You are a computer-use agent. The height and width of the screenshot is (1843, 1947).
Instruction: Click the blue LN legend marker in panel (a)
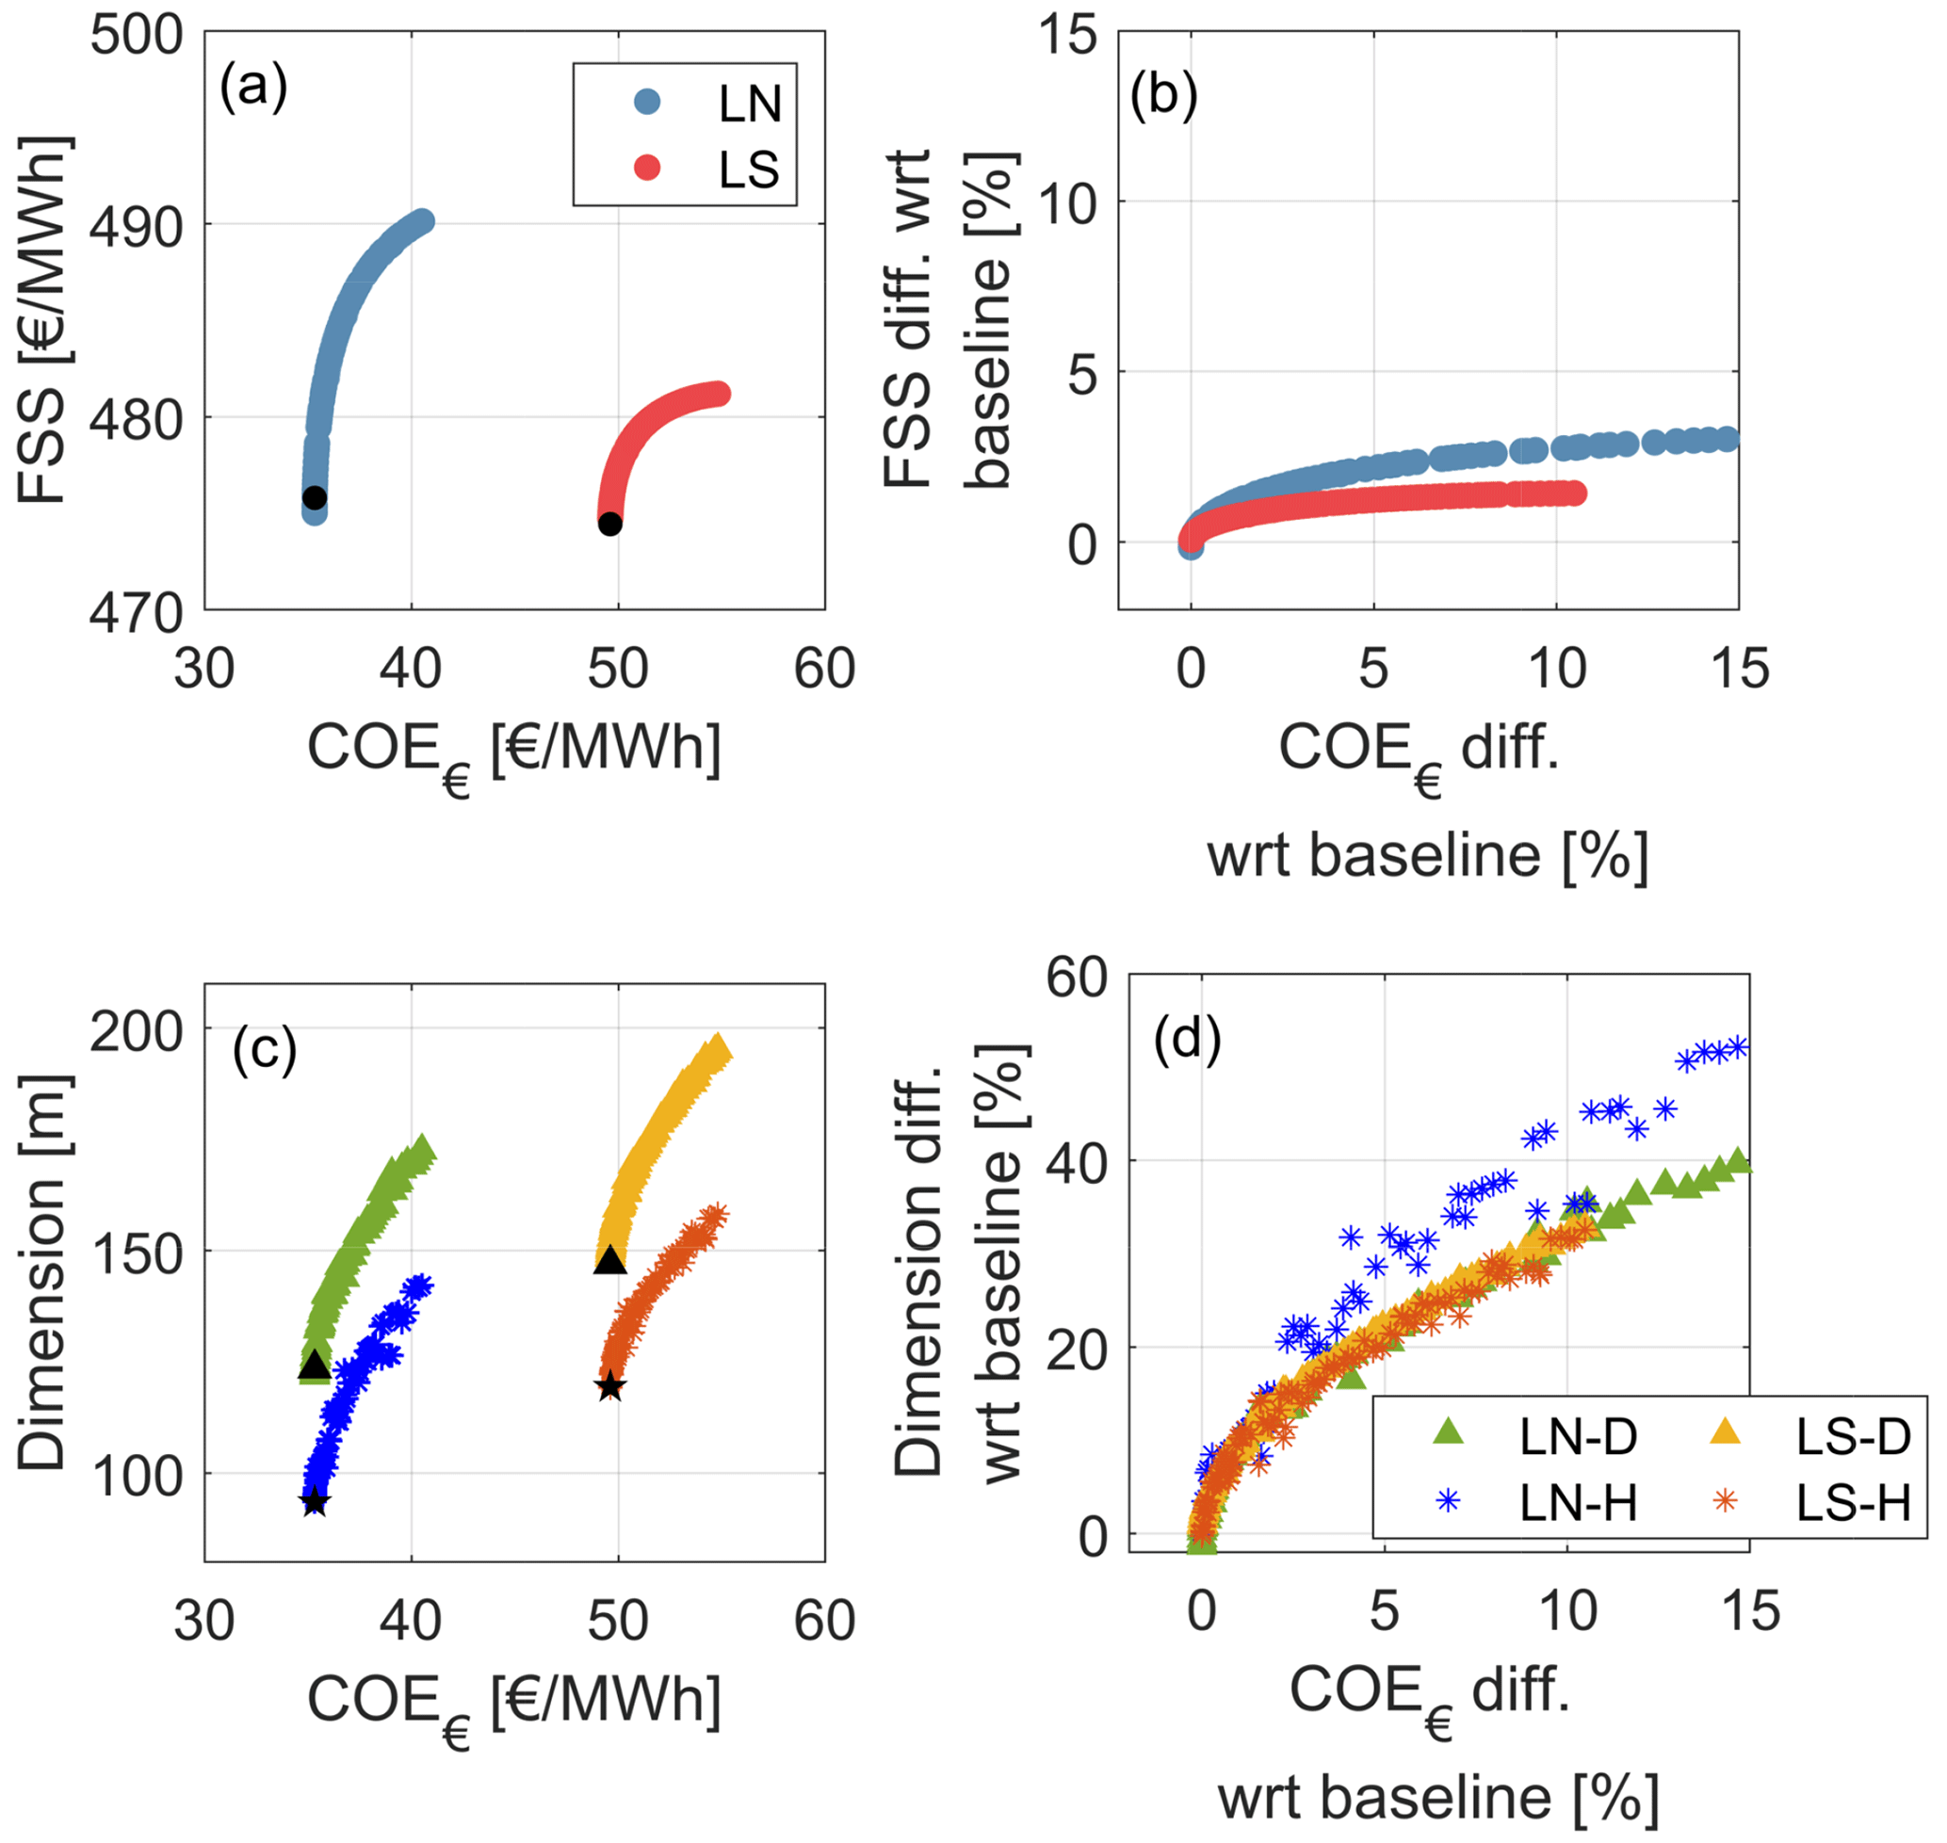647,101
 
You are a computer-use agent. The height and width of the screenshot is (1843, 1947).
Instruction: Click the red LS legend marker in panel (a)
647,168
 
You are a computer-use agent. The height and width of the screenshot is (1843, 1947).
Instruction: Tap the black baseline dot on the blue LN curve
315,497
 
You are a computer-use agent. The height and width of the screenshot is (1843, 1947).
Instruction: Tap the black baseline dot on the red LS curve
610,524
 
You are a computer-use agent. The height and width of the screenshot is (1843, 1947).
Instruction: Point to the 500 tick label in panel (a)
137,36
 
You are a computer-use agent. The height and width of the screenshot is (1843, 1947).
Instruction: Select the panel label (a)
253,87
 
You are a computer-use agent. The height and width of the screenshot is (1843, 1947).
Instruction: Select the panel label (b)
1163,95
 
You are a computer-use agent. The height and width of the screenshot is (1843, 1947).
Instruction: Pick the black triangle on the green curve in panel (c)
314,1365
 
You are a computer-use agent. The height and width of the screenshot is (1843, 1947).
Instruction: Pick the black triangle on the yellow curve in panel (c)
610,1259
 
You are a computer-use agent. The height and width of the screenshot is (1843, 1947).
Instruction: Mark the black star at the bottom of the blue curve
315,1501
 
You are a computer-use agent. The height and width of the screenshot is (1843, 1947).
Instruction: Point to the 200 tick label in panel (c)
137,1031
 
